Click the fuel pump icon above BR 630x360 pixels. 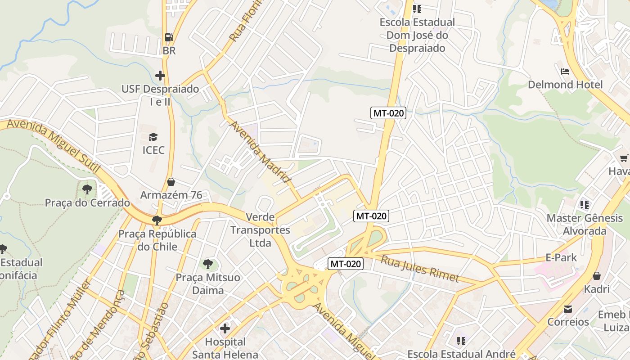[169, 37]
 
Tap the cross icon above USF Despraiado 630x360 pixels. [160, 76]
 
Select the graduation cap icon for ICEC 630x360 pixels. [153, 137]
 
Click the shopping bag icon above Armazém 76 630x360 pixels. [171, 182]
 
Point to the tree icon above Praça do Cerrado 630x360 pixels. [87, 189]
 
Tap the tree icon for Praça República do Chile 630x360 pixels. [157, 220]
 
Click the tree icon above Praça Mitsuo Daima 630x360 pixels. [207, 264]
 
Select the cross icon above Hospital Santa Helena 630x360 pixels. [225, 328]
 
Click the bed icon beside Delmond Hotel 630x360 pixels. [565, 72]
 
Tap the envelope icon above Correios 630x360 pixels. [568, 309]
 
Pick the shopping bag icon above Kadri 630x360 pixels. [597, 276]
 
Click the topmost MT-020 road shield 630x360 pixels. [388, 113]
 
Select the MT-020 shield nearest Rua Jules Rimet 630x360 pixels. [345, 264]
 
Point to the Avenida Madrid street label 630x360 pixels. [261, 152]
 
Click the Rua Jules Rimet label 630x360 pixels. [419, 269]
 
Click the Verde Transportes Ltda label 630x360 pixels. [260, 230]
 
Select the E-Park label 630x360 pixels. [561, 257]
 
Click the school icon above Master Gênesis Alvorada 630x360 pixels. [585, 205]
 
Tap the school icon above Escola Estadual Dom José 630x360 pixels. [417, 9]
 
